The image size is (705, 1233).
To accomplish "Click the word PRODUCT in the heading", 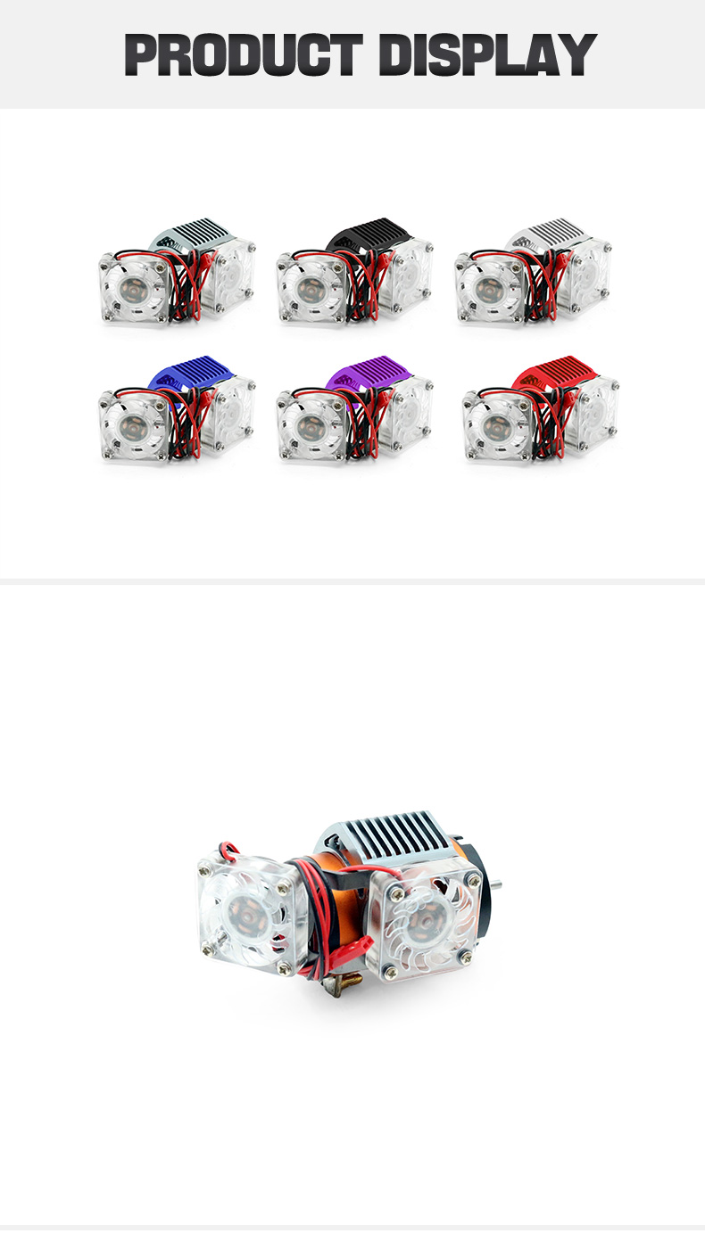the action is point(244,54).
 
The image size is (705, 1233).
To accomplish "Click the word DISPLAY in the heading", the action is point(488,54).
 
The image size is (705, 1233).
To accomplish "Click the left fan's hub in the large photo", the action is point(242,909).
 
